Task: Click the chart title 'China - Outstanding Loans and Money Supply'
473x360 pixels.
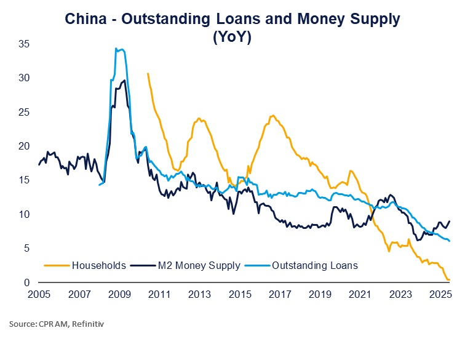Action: pos(236,18)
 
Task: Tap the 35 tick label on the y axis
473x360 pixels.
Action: pos(24,44)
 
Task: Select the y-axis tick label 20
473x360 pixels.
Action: pos(24,146)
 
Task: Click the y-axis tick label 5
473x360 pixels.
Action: pos(27,249)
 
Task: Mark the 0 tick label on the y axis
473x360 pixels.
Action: pos(27,283)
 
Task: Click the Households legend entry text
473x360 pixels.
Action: pos(99,265)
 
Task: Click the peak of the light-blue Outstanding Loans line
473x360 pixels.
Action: pos(116,48)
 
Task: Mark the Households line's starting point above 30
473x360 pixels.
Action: pos(148,73)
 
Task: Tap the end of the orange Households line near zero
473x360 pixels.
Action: pos(449,280)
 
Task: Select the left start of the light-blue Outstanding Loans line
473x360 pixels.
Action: pos(99,185)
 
